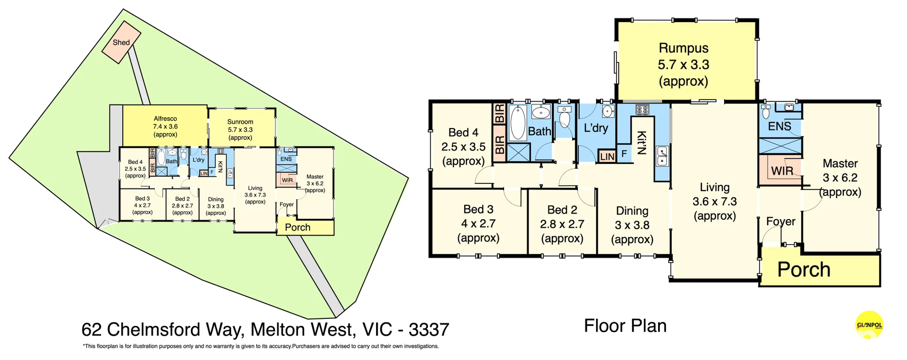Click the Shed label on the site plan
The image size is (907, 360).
click(x=121, y=43)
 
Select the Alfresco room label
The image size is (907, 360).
click(x=165, y=126)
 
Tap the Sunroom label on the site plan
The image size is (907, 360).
click(x=240, y=129)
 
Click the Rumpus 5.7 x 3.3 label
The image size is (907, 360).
click(x=684, y=64)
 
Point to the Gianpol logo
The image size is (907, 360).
click(x=869, y=325)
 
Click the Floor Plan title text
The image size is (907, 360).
click(x=625, y=326)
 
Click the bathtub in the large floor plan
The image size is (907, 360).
click(x=518, y=122)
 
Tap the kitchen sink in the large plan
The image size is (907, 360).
click(x=663, y=156)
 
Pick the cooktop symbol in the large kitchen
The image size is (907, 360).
click(x=642, y=110)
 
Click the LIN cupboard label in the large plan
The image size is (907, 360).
click(x=607, y=156)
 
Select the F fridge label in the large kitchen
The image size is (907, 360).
click(x=624, y=154)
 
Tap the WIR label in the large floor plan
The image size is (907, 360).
click(x=782, y=171)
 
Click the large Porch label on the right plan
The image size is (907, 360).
click(x=804, y=270)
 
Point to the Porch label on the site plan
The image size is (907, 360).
click(x=298, y=227)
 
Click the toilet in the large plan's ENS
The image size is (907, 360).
click(x=766, y=112)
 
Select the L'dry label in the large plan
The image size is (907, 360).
click(x=596, y=128)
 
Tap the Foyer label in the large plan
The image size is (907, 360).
click(x=780, y=221)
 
